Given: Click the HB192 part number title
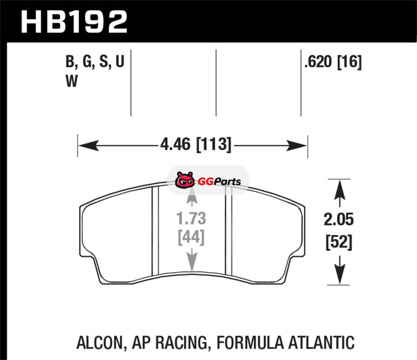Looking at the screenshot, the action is coord(74,22).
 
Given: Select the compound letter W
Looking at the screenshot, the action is coord(71,81).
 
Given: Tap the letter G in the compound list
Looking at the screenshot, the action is coord(88,61).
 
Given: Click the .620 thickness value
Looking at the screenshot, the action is coord(318,61).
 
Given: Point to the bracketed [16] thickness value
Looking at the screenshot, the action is coord(349,62).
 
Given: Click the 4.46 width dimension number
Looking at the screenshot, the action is coord(176,144).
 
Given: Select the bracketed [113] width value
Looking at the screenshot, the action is coord(214,144).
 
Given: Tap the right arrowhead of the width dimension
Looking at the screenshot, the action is coord(297,145).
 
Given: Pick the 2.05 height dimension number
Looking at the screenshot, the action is coord(339,219).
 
